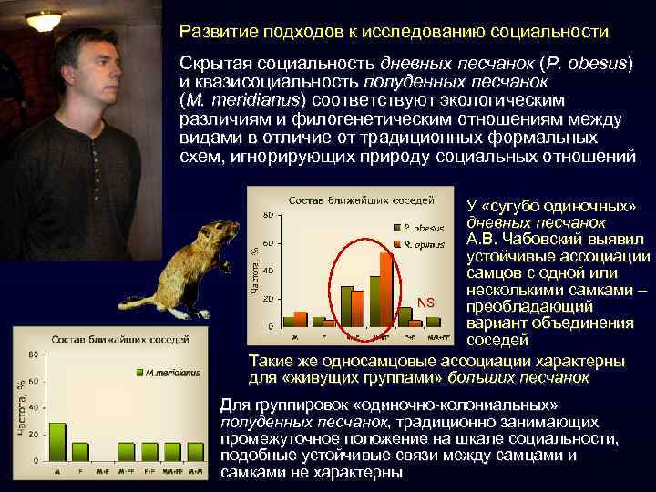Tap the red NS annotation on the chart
(x=425, y=302)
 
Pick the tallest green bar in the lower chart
(x=57, y=440)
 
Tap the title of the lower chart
(x=119, y=340)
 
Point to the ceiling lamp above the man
(x=44, y=18)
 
